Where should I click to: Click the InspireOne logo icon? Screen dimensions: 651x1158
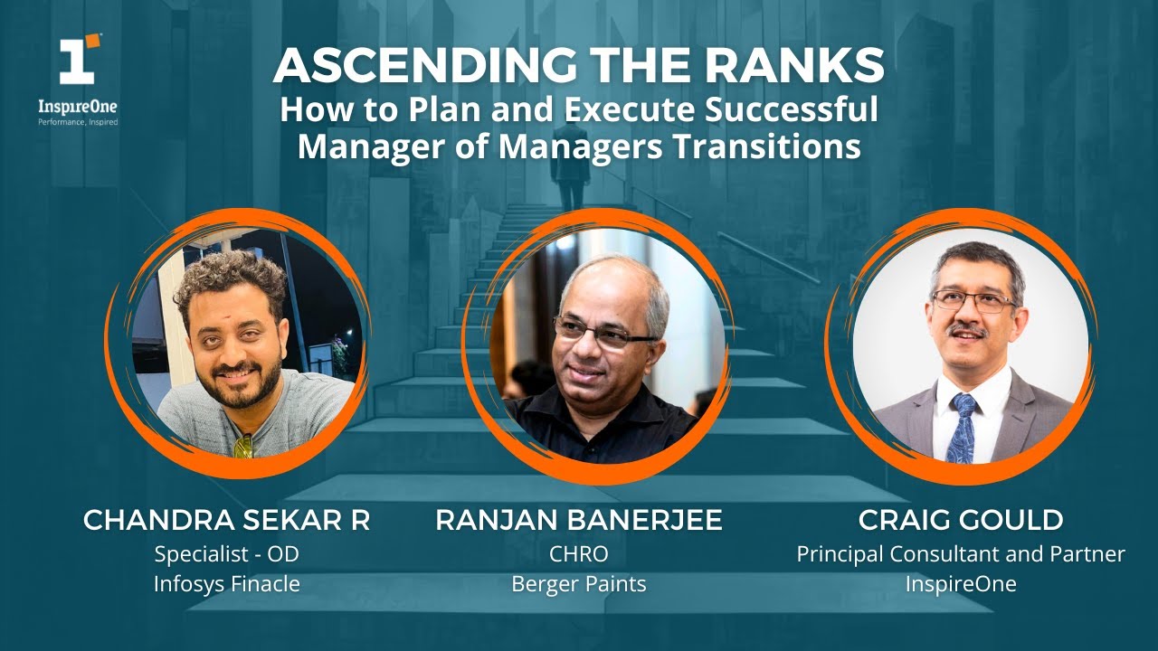click(x=79, y=61)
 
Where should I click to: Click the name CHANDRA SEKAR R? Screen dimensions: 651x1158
click(x=226, y=520)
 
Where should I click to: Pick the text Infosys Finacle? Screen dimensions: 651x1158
click(x=226, y=584)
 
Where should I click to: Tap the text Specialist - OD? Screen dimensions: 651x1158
click(x=226, y=553)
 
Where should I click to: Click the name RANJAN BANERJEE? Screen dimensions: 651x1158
click(x=578, y=520)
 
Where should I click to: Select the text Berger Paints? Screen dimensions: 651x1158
click(x=579, y=584)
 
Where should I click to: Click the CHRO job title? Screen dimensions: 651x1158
click(x=579, y=553)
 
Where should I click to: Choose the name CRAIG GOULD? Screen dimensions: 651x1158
click(x=960, y=520)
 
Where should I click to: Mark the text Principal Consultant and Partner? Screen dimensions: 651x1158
click(x=961, y=553)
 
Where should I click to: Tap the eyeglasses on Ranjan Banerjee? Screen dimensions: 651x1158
click(x=603, y=333)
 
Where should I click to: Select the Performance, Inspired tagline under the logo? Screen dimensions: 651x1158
click(x=78, y=121)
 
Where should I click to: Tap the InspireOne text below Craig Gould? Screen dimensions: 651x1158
click(x=961, y=584)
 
